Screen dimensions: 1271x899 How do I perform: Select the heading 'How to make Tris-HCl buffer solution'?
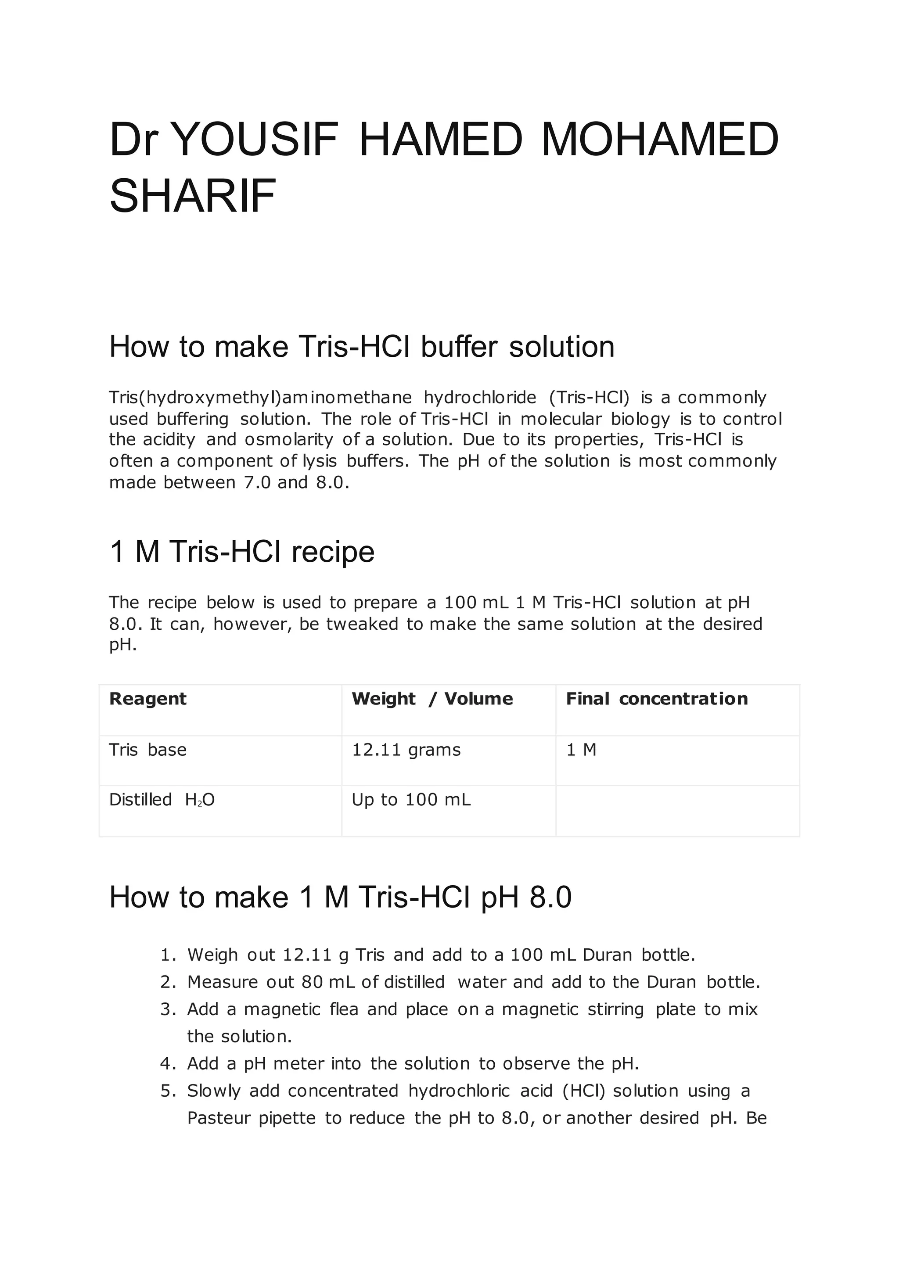361,347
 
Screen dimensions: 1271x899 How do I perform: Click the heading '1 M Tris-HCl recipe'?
242,552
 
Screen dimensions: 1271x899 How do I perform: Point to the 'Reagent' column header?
148,699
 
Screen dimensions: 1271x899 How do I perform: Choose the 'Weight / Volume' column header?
432,699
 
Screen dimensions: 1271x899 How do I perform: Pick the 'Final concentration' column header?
657,699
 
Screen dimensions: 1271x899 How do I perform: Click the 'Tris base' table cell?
148,750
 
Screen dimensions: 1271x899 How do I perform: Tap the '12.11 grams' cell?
406,750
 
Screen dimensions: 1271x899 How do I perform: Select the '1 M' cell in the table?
581,750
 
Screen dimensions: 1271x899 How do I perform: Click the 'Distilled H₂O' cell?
162,800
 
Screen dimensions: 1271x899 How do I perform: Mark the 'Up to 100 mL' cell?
411,800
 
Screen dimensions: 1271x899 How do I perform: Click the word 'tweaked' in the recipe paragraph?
362,624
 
